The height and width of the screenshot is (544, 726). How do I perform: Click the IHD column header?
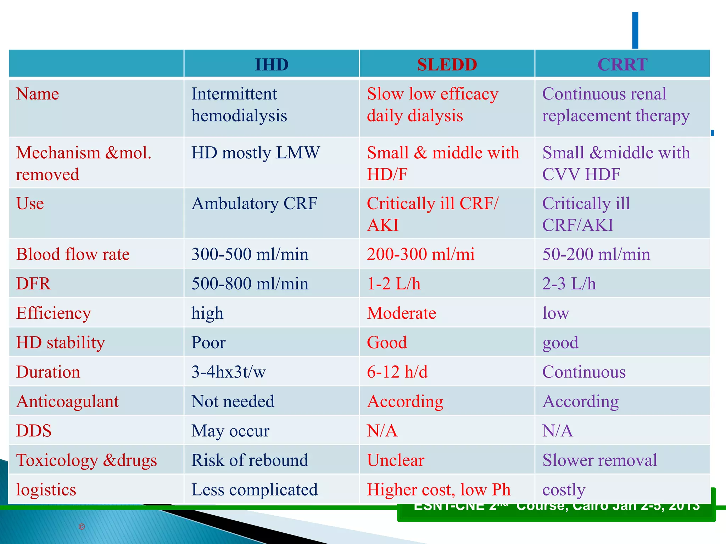272,64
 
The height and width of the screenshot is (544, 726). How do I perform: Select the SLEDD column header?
447,64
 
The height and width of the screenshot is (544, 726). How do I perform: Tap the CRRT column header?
622,64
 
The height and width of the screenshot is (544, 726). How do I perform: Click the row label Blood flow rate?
73,254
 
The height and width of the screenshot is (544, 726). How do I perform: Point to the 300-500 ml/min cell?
250,254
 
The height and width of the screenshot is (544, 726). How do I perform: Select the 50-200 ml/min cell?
596,254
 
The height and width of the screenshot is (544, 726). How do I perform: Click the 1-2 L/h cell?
393,284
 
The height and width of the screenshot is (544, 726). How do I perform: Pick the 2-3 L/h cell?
569,284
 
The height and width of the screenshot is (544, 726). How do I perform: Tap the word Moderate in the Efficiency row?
401,313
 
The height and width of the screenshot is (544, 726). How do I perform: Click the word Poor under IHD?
208,342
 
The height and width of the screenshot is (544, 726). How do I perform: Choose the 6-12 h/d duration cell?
397,372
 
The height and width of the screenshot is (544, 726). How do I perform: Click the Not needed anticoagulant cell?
233,401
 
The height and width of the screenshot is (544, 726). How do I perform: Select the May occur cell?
230,431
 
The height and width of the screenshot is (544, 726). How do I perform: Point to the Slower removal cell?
599,460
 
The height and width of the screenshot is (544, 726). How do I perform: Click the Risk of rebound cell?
250,460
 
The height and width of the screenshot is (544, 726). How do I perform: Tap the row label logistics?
46,489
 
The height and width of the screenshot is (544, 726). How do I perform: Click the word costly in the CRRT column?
564,490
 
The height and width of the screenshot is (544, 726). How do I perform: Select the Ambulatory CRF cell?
254,204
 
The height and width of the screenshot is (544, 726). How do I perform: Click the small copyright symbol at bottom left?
82,527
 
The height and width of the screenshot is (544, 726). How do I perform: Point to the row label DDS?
34,431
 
